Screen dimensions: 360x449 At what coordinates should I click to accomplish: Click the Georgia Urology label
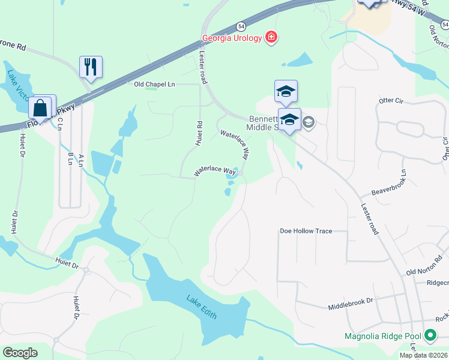click(x=232, y=38)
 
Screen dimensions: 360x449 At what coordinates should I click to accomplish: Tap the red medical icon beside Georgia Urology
click(x=271, y=38)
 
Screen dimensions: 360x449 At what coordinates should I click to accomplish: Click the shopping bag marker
click(x=41, y=107)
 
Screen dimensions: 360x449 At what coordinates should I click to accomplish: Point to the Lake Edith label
click(x=201, y=306)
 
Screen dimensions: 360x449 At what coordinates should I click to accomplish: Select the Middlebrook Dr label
click(x=351, y=307)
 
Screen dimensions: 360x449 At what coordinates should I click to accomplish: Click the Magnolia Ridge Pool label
click(x=382, y=336)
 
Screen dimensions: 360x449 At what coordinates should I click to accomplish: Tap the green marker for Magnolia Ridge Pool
click(x=430, y=335)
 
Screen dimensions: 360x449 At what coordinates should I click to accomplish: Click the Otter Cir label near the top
click(x=390, y=100)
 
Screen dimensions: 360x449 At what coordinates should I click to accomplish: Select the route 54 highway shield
click(x=241, y=26)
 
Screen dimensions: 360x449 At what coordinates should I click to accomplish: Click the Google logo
click(x=20, y=353)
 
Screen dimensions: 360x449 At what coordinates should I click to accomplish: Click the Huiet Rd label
click(x=199, y=133)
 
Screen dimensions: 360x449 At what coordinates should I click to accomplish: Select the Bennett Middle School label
click(x=264, y=123)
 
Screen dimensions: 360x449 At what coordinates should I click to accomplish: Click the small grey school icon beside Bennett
click(x=309, y=123)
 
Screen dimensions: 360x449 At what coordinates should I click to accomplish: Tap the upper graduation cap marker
click(x=286, y=91)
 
